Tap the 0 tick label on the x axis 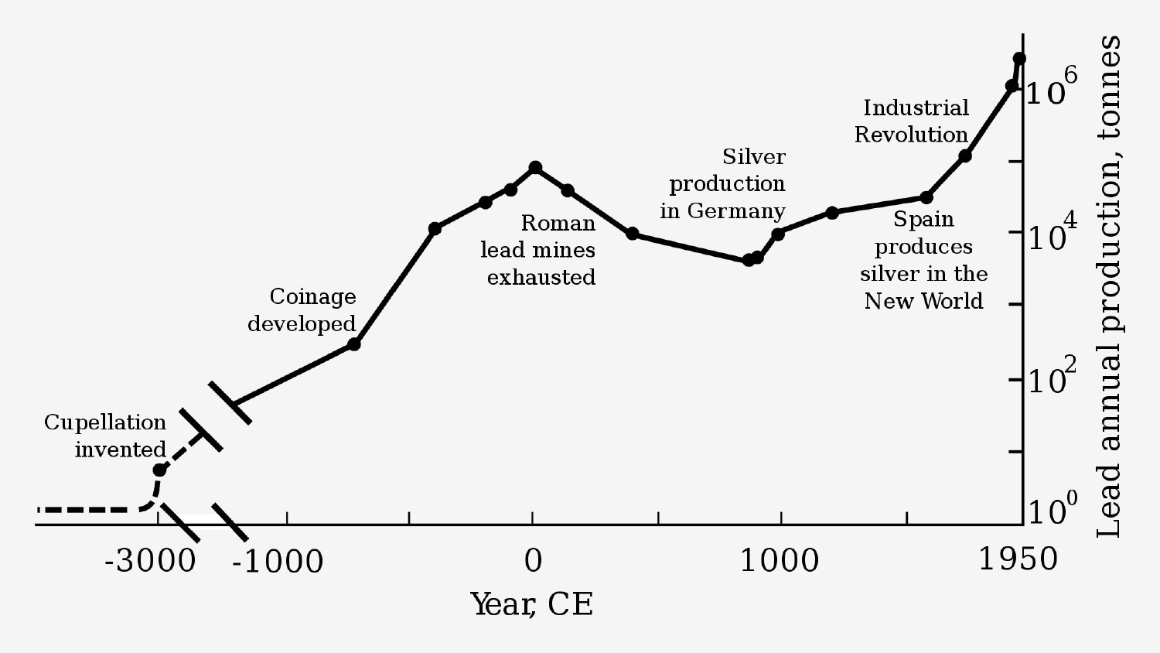533,561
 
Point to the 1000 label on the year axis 780,561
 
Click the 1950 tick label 1018,559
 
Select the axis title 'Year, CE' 532,604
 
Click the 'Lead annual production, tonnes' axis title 1109,286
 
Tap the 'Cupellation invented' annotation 106,436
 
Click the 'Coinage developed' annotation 302,309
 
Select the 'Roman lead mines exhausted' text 538,250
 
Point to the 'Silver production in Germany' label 724,183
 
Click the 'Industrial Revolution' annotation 913,121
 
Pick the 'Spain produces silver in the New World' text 923,260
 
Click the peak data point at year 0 535,167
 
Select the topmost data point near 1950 1019,59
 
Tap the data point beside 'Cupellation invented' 159,470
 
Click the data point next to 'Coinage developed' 354,344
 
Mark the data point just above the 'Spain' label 926,197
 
